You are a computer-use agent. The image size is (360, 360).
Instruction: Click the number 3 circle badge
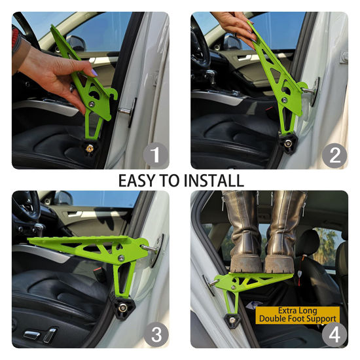click(x=155, y=334)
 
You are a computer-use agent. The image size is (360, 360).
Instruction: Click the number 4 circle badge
click(x=334, y=334)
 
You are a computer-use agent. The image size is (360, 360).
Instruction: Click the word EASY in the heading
click(x=139, y=180)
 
